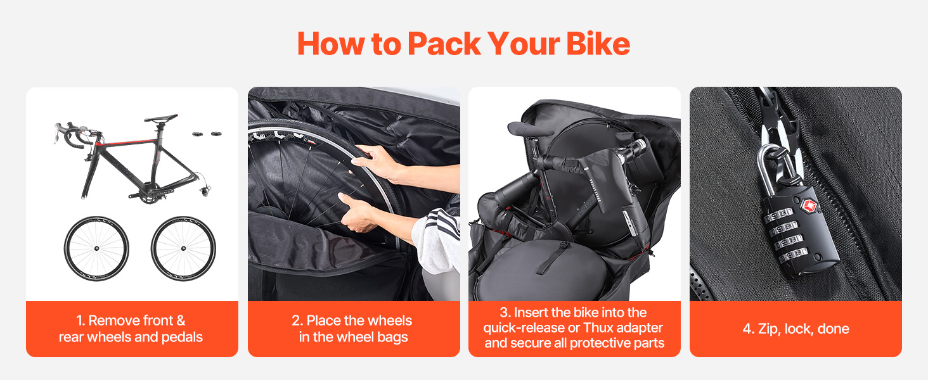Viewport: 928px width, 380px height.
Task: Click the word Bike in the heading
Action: pyautogui.click(x=598, y=44)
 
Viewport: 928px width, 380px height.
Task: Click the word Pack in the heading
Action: pyautogui.click(x=444, y=44)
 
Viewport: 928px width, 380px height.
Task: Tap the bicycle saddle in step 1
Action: pyautogui.click(x=161, y=118)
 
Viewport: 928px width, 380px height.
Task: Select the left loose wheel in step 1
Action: pyautogui.click(x=96, y=248)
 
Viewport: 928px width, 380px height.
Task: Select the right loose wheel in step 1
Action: pyautogui.click(x=183, y=248)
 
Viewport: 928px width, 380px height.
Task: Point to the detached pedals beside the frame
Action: pyautogui.click(x=207, y=134)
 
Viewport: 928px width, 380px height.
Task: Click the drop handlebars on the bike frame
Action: pyautogui.click(x=75, y=134)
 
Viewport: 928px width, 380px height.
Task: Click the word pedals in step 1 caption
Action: pyautogui.click(x=182, y=338)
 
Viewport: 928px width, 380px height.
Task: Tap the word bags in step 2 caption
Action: pyautogui.click(x=392, y=338)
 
